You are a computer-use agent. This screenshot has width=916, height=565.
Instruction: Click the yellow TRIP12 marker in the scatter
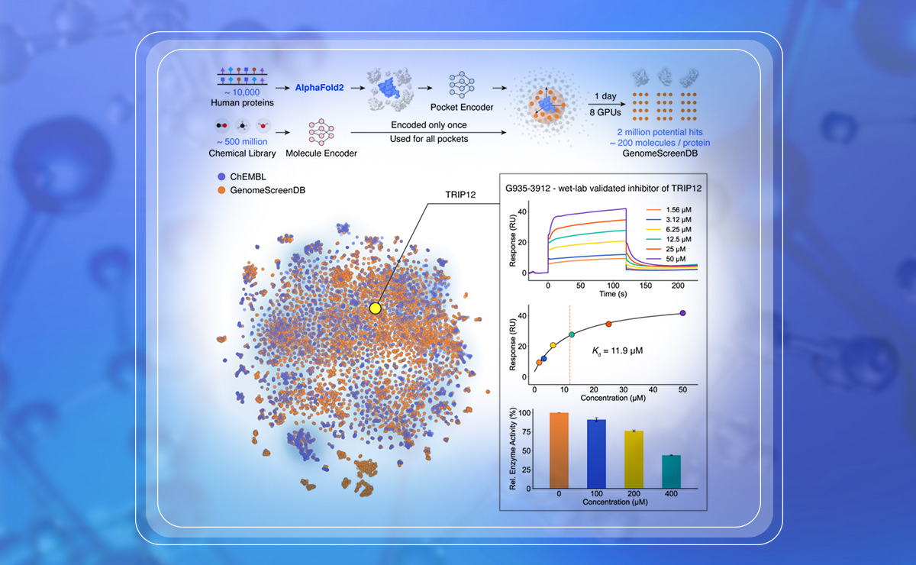375,308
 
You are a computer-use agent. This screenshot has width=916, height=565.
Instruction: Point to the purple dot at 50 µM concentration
682,313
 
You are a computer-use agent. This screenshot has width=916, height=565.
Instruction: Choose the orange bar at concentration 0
559,450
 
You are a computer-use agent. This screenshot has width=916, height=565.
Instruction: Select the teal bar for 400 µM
671,471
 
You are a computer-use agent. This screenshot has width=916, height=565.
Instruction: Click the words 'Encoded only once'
429,124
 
